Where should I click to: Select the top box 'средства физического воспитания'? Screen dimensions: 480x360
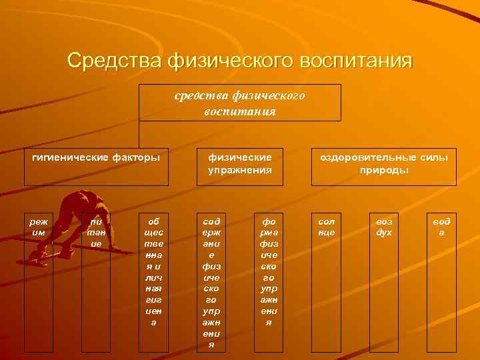(x=240, y=103)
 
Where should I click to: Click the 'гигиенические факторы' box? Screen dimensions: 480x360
(x=97, y=167)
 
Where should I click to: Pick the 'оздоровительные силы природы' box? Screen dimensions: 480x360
(x=384, y=167)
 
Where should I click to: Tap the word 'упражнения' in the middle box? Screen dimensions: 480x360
(x=240, y=170)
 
